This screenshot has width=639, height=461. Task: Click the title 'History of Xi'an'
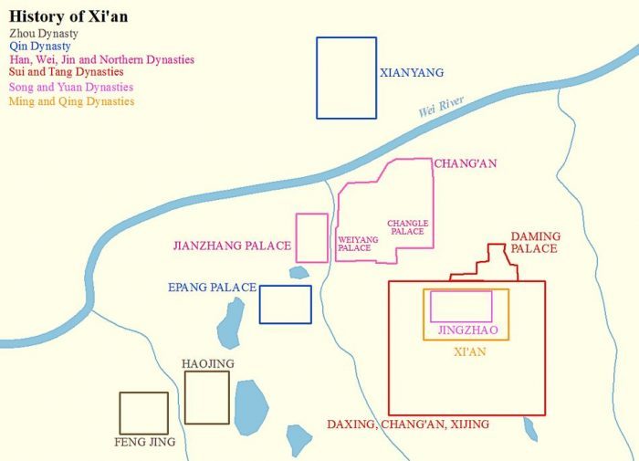(68, 16)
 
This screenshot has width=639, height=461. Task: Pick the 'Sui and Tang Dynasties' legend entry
(66, 71)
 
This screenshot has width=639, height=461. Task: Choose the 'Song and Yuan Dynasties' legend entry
(71, 87)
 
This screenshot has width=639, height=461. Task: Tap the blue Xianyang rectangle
(346, 78)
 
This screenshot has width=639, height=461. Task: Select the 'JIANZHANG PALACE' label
(232, 246)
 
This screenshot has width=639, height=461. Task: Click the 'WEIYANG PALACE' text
(353, 244)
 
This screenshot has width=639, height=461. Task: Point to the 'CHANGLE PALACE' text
(407, 227)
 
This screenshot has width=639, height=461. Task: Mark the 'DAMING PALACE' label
(535, 242)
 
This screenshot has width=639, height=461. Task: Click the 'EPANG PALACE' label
(212, 288)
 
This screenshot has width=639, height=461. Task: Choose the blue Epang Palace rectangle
(285, 304)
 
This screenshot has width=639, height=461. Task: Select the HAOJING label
(207, 363)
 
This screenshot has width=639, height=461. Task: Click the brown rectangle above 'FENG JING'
(144, 413)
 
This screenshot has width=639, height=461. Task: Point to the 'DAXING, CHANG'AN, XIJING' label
(408, 424)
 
